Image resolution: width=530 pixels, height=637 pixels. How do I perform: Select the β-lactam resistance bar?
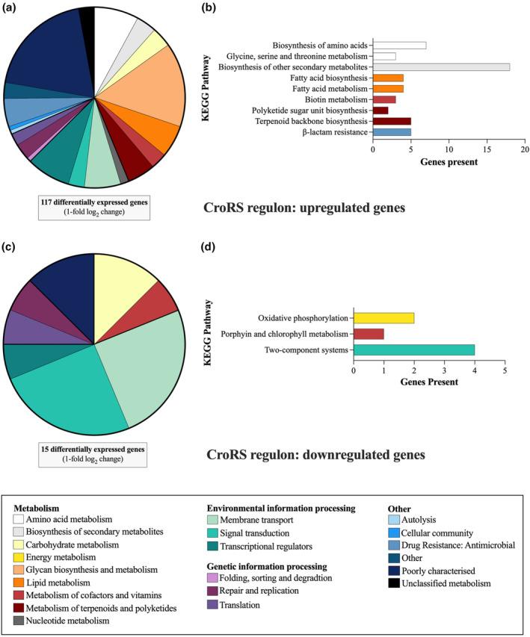click(x=392, y=131)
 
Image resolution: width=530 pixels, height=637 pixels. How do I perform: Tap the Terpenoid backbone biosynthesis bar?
click(x=392, y=121)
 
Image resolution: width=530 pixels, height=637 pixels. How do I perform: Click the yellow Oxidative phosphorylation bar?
click(x=383, y=317)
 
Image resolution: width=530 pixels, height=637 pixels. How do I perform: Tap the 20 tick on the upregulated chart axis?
click(x=525, y=149)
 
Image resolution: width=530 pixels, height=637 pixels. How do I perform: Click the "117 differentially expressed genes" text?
click(x=93, y=200)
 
